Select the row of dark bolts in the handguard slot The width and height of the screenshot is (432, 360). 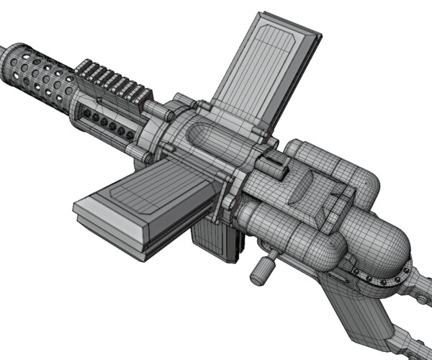tap(108, 122)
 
